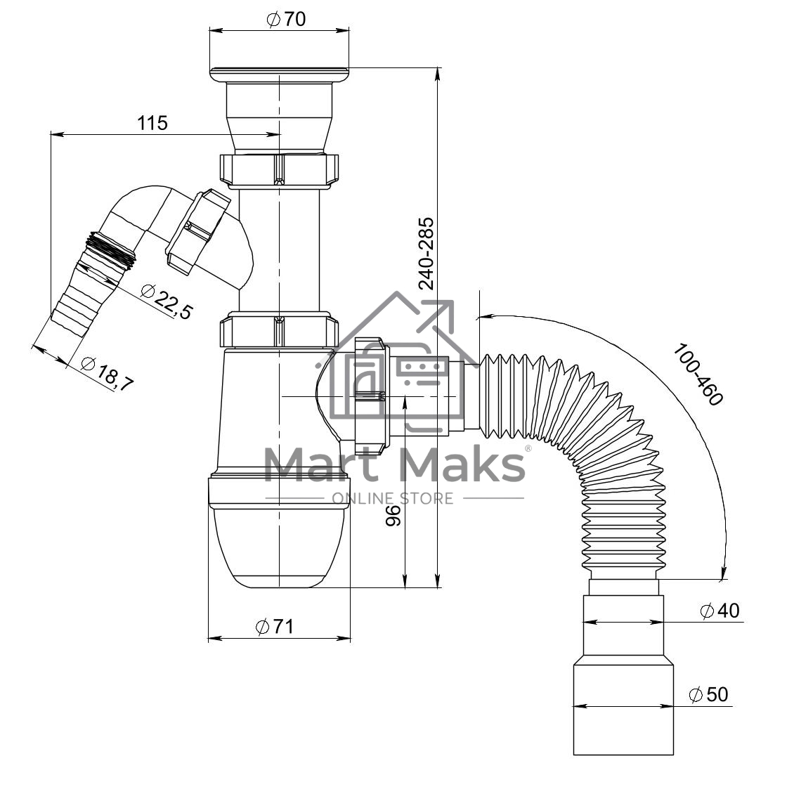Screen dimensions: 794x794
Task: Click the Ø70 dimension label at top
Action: coord(286,19)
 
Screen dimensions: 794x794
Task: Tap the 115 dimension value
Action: coord(152,123)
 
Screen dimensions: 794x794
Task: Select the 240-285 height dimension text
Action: coord(426,253)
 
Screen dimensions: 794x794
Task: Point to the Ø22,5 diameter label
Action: coord(167,302)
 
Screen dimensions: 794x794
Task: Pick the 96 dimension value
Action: coord(393,516)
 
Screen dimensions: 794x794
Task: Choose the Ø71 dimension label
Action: coord(275,627)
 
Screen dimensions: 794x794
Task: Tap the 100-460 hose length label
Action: coord(697,375)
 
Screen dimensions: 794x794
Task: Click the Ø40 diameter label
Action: coord(720,611)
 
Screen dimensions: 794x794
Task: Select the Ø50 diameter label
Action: coord(708,694)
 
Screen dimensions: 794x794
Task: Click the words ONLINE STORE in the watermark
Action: coord(393,498)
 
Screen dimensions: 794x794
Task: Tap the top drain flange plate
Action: coord(279,74)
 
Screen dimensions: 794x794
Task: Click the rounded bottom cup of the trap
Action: coord(279,547)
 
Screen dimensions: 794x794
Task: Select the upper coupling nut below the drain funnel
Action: coord(279,169)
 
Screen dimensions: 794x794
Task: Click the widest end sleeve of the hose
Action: coord(623,710)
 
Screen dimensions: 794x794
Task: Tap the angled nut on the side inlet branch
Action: coord(197,231)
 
